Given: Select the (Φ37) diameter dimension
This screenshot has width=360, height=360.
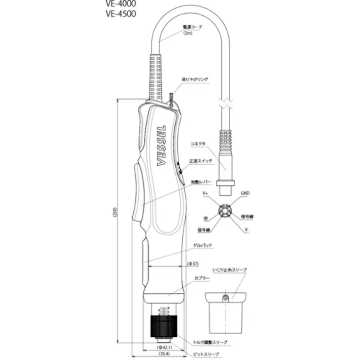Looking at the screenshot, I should point(193,263).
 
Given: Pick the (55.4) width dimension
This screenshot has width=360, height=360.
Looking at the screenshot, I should point(164,355).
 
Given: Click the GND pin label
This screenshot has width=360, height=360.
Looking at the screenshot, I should point(244,193).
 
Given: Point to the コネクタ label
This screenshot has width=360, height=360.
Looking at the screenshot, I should point(197,144).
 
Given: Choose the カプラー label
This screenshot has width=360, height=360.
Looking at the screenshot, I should point(202,278).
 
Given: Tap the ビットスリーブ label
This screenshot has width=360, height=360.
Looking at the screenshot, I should point(208,354).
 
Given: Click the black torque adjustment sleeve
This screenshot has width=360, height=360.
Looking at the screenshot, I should point(164,324).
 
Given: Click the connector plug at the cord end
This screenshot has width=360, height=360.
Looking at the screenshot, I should point(226,162).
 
